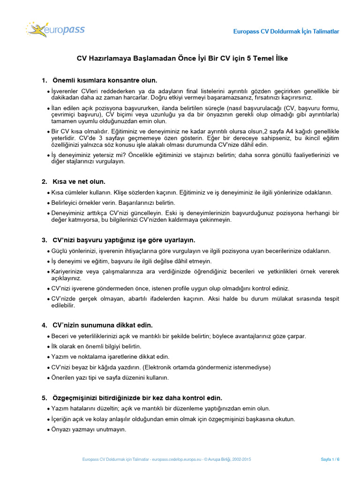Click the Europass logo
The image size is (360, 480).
[55, 30]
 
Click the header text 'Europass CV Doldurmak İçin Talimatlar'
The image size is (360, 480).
[286, 31]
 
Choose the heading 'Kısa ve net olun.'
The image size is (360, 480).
[79, 181]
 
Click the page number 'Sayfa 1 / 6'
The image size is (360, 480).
[330, 460]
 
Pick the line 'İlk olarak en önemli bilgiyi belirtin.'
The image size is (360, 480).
[96, 346]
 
